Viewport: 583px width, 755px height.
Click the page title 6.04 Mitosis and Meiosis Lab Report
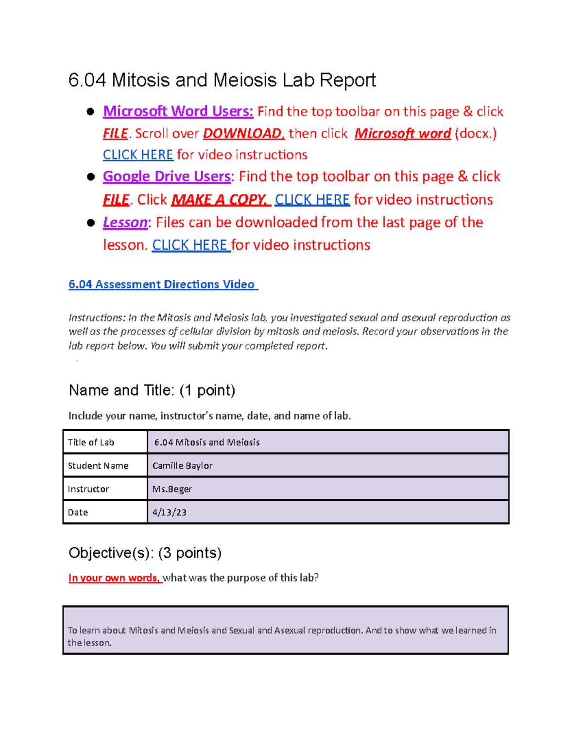222,80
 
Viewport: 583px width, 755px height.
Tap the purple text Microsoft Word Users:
178,111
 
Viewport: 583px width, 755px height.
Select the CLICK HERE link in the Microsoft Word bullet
138,155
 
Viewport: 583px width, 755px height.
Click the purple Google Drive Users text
167,176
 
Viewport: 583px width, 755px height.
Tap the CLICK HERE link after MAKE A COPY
312,199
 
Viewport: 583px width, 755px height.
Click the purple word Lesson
125,222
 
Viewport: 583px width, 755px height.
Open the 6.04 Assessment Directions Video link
163,284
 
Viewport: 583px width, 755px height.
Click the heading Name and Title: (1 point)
152,390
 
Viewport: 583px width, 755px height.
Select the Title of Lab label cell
91,442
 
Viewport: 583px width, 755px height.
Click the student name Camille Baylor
182,466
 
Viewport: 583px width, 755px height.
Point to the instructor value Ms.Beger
172,489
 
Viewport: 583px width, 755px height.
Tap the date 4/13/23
169,512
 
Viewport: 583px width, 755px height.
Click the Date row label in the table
78,512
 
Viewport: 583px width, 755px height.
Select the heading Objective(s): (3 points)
145,553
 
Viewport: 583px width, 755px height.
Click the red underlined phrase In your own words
115,578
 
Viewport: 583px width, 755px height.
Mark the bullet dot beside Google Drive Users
90,176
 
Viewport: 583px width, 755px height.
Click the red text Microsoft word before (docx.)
403,133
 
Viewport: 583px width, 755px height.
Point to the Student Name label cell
98,466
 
